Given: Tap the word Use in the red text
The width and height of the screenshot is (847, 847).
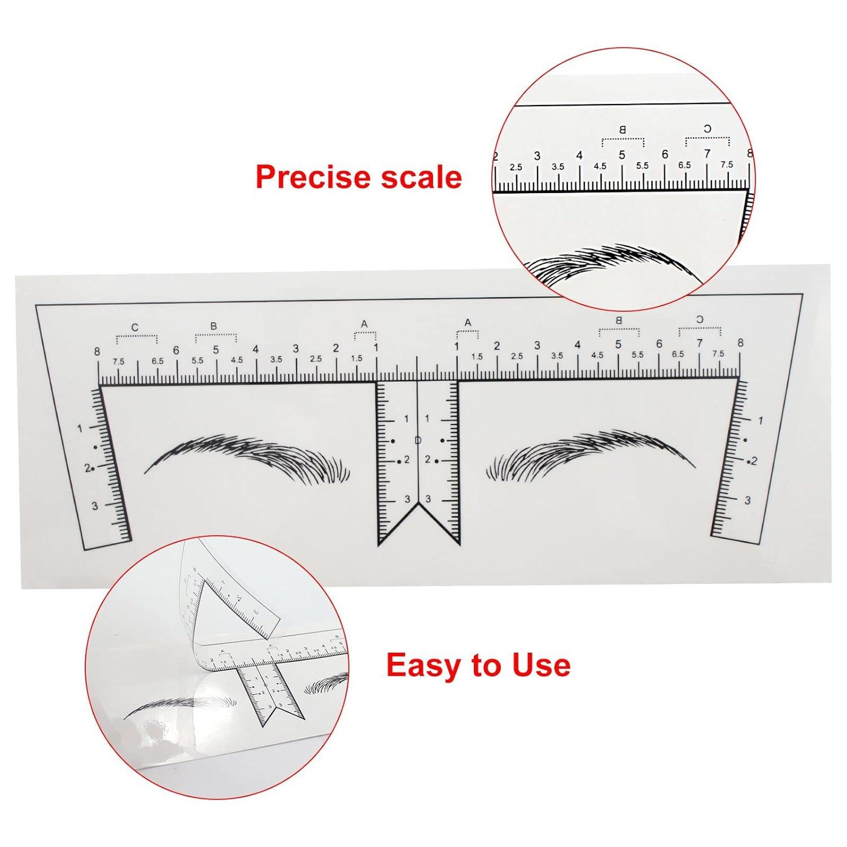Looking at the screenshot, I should (541, 665).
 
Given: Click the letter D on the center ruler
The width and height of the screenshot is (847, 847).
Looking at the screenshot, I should (418, 440).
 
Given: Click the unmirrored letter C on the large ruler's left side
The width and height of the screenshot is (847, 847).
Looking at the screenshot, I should (134, 328).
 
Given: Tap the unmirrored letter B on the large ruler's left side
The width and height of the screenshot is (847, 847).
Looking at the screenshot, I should (213, 326).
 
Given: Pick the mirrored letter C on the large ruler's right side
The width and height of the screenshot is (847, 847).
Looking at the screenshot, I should (700, 320).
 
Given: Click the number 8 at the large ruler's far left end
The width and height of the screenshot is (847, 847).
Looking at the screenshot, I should (98, 352).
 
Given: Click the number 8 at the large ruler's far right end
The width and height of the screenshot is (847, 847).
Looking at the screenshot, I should (740, 343).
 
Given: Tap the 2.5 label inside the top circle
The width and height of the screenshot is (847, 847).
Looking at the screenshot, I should (516, 168).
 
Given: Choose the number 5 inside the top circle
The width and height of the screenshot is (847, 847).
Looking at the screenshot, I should (622, 155).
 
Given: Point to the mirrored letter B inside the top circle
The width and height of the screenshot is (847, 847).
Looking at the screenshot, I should (623, 130).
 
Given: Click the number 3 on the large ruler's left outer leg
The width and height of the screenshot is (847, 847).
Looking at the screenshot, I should (95, 506).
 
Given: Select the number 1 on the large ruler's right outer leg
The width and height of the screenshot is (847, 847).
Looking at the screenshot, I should (760, 421).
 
